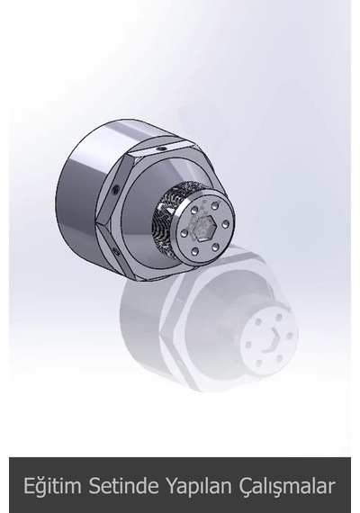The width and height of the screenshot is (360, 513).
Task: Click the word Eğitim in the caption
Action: [x=52, y=486]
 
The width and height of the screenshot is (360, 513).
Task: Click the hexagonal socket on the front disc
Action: [x=202, y=227]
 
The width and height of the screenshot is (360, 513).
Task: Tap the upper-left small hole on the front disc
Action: [x=195, y=210]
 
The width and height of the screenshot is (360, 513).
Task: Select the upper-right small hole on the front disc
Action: [x=215, y=206]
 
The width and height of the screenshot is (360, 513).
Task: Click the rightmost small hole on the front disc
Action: [x=225, y=224]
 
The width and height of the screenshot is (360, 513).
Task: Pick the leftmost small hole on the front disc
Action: [x=184, y=233]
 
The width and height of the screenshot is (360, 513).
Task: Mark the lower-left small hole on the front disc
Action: [x=195, y=251]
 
